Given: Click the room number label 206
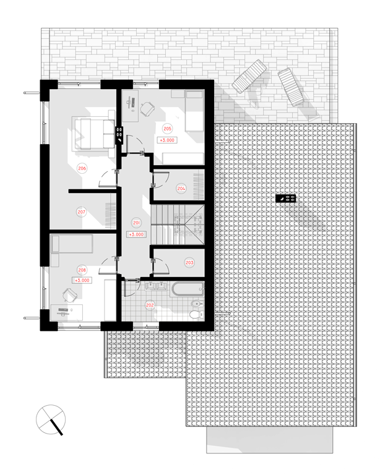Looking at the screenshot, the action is (82, 168).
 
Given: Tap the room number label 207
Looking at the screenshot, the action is (81, 212).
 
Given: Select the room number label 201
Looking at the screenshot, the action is (136, 223).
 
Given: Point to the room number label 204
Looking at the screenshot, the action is (181, 189).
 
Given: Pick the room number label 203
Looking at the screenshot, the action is (189, 262).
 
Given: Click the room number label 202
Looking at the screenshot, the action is (150, 305).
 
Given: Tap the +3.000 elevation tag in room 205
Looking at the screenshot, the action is (167, 140).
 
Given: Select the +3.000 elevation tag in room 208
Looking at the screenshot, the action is (82, 280).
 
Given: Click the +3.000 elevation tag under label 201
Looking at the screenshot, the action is (136, 234).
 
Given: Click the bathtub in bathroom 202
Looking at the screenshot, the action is (187, 289).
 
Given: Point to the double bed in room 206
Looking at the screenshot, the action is (93, 134).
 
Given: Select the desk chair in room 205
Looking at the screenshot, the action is (147, 109).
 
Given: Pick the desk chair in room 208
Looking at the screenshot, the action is (70, 295).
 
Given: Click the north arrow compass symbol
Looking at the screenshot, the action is (51, 420).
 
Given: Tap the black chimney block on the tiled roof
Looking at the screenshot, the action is (285, 199).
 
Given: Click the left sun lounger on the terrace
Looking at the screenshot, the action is (249, 76).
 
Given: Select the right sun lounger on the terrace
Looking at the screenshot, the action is (291, 87).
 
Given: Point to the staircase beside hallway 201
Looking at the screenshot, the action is (178, 225).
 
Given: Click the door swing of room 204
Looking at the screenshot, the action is (161, 179).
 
